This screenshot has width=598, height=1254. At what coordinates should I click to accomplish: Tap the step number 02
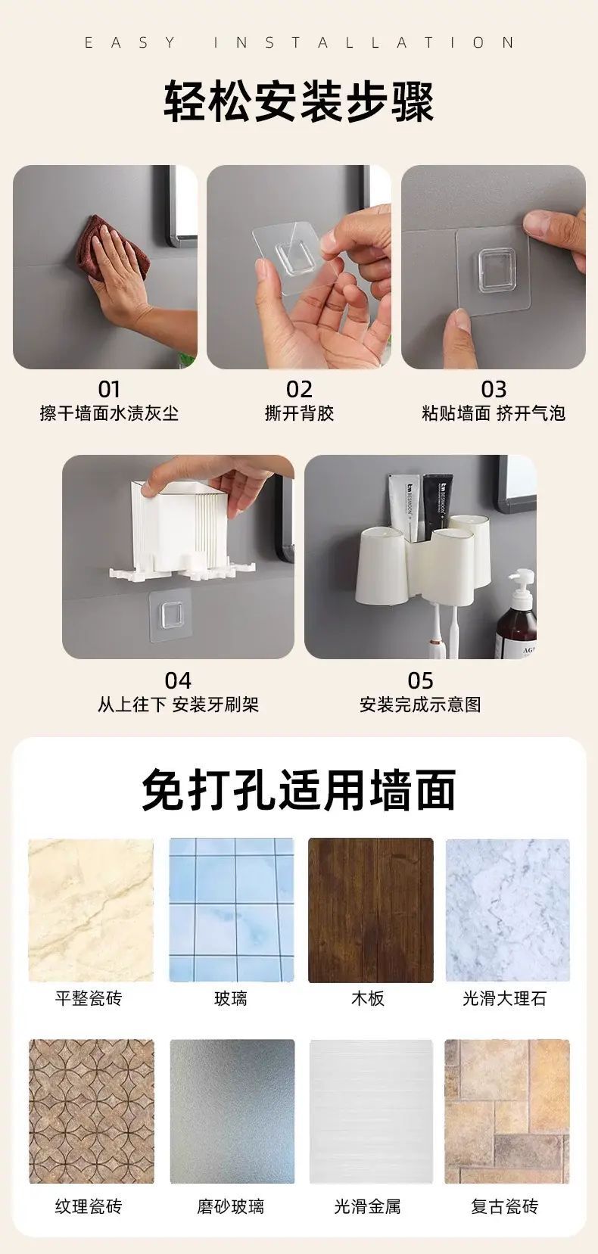(300, 389)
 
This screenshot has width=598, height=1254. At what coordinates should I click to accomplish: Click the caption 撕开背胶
(300, 414)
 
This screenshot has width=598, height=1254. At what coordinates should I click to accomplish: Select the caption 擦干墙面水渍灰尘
(109, 414)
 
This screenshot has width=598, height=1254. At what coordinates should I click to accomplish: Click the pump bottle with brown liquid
(516, 614)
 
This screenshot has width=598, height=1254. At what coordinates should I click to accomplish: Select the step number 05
(421, 680)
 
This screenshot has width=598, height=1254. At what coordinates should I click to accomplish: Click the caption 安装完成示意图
(421, 705)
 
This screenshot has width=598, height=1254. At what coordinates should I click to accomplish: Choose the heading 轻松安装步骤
(299, 102)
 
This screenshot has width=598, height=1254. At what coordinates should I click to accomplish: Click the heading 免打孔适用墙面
(298, 790)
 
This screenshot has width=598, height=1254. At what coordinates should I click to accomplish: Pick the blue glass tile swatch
(231, 910)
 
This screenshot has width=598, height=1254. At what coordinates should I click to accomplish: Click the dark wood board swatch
(371, 910)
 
